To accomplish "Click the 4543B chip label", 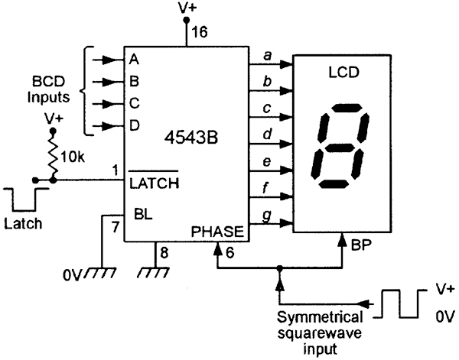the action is [191, 138].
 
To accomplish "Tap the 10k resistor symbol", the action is [53, 156].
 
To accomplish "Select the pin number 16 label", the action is [200, 31].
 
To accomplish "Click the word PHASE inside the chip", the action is [217, 232].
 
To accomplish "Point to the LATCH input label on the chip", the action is [154, 183].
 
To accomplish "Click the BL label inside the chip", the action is [143, 214].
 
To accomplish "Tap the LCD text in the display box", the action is [343, 73].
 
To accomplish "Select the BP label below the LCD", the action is [361, 245].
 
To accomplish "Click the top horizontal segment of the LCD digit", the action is [347, 108].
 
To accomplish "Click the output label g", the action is [267, 216].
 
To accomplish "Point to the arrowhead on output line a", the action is [286, 64].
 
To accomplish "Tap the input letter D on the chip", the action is [135, 126].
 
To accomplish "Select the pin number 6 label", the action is [230, 253].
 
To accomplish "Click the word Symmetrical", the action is [320, 318].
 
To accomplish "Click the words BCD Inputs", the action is [48, 89].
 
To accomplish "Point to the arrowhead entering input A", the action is [109, 60].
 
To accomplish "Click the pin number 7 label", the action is [116, 227].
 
